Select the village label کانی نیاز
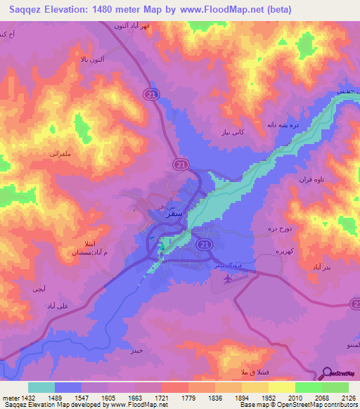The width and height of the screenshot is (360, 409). click(252, 132)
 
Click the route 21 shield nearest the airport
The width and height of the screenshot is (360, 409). click(204, 244)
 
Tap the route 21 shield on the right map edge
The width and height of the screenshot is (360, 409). click(354, 304)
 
